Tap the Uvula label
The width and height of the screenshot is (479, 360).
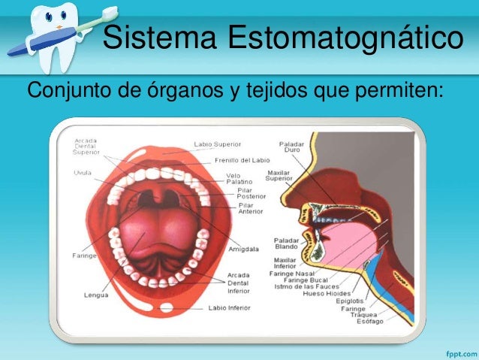pos(83,171)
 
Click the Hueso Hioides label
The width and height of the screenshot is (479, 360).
pos(325,293)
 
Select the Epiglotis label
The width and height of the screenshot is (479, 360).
pos(350,300)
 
